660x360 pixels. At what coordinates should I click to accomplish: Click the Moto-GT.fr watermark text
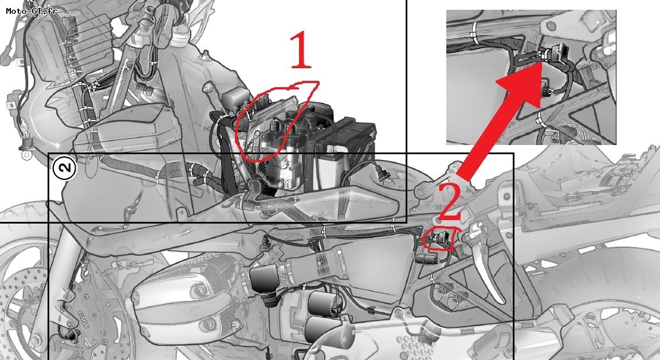click(31, 10)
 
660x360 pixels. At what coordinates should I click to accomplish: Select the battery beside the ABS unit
click(344, 151)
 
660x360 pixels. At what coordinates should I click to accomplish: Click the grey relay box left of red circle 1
click(235, 99)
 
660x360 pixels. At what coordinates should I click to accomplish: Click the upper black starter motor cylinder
click(324, 303)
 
